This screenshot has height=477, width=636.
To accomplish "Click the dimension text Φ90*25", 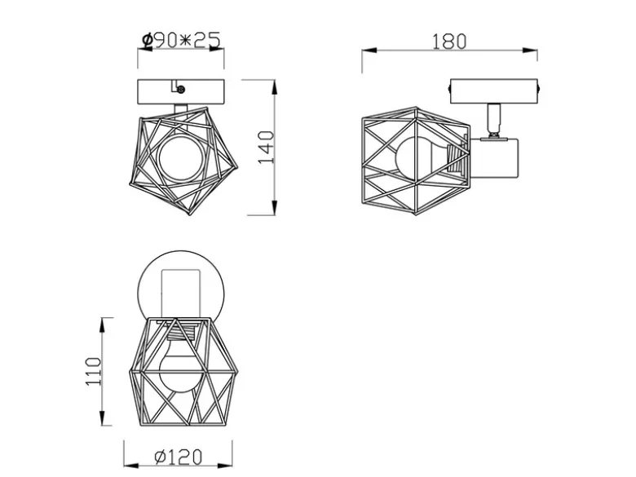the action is [x=181, y=40].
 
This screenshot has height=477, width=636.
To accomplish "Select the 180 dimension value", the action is [x=449, y=42].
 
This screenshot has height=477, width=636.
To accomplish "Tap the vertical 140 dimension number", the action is [x=266, y=148].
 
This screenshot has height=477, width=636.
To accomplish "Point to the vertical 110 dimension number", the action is [x=93, y=372].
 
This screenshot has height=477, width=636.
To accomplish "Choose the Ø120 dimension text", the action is [x=178, y=457].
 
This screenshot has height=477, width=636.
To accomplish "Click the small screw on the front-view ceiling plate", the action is [x=181, y=89].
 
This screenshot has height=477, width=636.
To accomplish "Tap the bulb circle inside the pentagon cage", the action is [x=181, y=158].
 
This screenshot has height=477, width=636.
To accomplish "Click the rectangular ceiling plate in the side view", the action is [x=493, y=91].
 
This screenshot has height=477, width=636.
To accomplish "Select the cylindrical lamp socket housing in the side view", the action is [x=494, y=158].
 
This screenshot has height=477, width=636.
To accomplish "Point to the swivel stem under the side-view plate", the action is [x=493, y=120].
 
